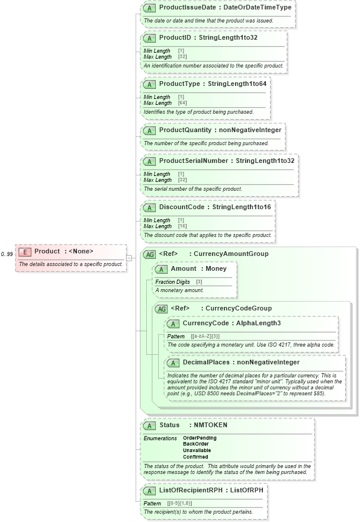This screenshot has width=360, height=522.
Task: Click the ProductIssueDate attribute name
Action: [186, 8]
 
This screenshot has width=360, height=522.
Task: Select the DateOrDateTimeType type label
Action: [259, 8]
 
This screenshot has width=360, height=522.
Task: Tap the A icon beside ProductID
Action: [150, 38]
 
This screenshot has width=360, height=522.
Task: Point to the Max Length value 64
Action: [182, 103]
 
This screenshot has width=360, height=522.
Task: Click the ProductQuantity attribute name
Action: [185, 130]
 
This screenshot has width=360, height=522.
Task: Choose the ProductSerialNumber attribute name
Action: [193, 161]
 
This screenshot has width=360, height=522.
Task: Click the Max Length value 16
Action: [182, 226]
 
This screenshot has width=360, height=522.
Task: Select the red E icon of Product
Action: [24, 251]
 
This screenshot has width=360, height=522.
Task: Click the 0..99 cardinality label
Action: [7, 254]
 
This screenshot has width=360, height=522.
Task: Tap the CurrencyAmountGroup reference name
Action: [231, 254]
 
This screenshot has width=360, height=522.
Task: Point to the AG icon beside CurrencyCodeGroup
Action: [161, 309]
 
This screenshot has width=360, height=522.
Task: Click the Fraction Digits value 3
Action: [199, 282]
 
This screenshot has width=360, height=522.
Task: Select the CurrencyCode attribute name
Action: [207, 324]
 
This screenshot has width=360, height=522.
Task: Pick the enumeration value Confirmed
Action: [195, 457]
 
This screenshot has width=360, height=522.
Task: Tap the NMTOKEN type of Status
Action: [210, 425]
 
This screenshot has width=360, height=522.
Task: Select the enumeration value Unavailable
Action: [197, 450]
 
